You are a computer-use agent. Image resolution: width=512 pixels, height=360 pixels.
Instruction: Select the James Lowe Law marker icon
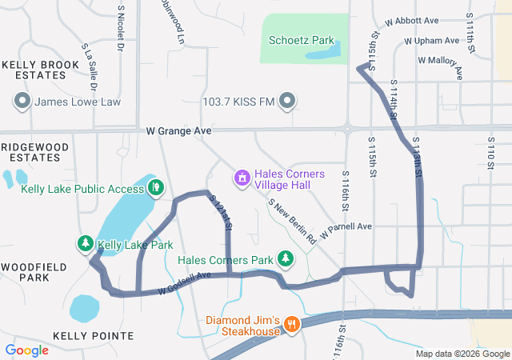pyautogui.click(x=22, y=102)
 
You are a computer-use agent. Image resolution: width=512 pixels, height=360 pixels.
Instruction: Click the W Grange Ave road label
pyautogui.click(x=178, y=130)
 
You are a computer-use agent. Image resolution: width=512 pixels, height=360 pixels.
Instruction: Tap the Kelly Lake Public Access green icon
pyautogui.click(x=157, y=189)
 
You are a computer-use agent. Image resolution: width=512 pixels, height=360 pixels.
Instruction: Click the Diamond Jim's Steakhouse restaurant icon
pyautogui.click(x=292, y=325)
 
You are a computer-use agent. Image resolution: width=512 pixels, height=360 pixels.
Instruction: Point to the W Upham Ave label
pyautogui.click(x=432, y=40)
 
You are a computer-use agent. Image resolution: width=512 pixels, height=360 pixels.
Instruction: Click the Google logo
pyautogui.click(x=26, y=350)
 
